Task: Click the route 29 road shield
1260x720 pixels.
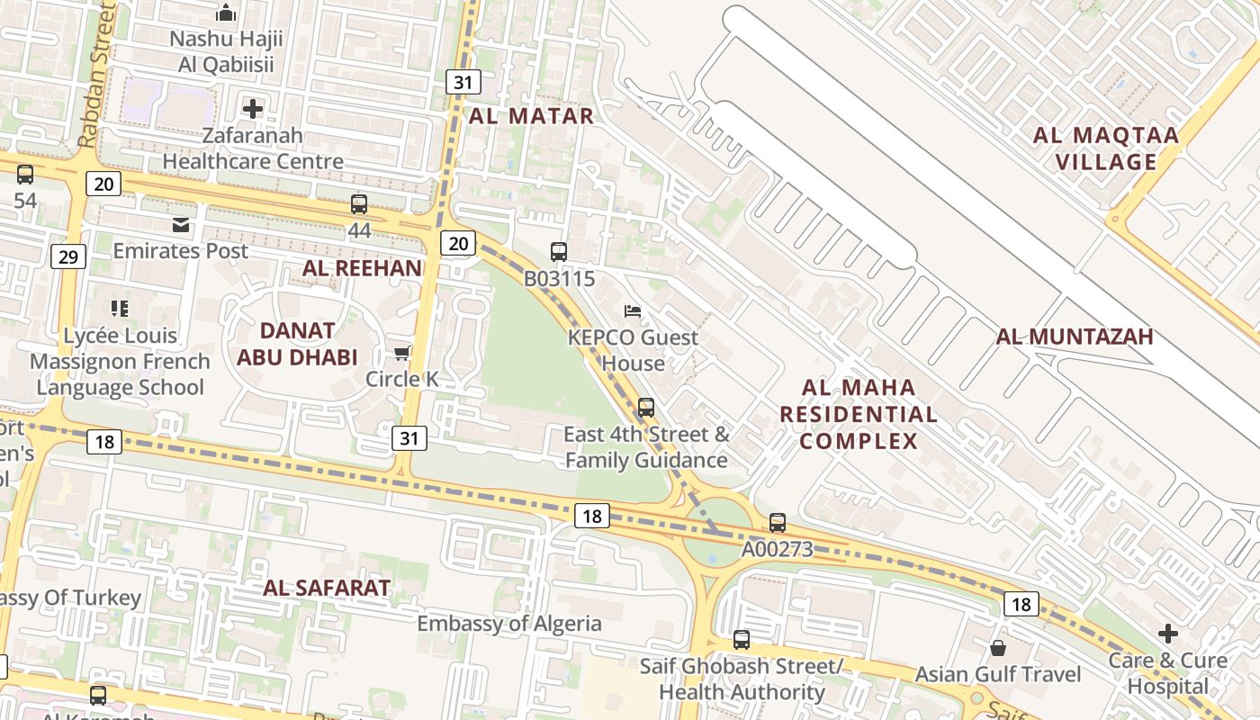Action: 67,257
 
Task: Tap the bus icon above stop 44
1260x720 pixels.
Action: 359,204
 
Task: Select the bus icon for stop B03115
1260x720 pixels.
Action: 559,252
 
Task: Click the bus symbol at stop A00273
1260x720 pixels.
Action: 778,523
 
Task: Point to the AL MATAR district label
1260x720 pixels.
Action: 531,116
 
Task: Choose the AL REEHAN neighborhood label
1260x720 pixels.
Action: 362,267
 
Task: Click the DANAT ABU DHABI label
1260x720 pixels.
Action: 297,344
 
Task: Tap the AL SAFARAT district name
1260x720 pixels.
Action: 327,589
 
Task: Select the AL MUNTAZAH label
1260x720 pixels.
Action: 1075,337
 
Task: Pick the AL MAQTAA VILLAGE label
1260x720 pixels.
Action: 1106,148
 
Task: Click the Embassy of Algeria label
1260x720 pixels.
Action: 509,624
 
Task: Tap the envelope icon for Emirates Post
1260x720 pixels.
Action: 181,224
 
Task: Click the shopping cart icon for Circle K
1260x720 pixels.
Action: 401,353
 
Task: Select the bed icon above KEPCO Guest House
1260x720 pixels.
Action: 633,311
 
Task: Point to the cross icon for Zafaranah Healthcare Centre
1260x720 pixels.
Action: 253,109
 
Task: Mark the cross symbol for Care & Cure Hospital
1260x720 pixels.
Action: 1168,634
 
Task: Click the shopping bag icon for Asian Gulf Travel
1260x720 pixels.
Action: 998,648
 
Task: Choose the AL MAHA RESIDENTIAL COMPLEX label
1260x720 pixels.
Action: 859,414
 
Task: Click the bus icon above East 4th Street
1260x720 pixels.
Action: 646,408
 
